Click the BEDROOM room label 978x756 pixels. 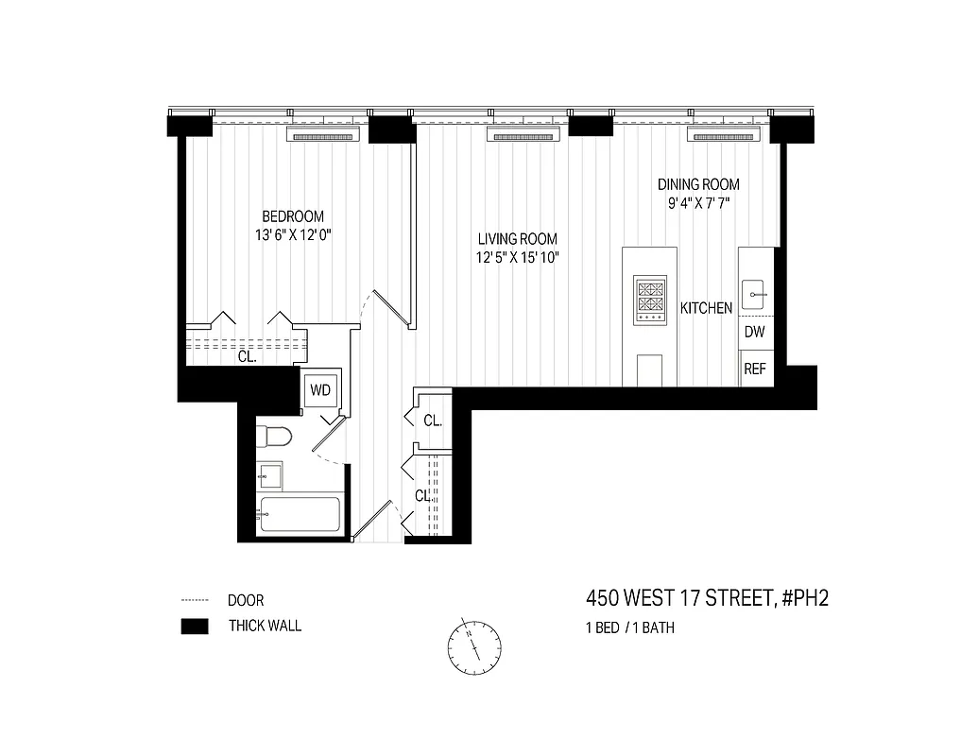point(293,216)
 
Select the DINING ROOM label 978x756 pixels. point(698,184)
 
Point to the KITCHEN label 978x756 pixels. point(707,308)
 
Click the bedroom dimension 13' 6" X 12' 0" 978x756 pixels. point(293,235)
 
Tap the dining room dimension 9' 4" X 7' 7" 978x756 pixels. point(698,203)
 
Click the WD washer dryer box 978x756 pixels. point(320,389)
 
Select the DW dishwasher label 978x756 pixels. point(754,332)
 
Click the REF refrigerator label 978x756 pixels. point(754,369)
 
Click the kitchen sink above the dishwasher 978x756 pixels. point(755,294)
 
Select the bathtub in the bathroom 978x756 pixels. point(299,516)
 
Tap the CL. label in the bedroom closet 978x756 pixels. point(247,357)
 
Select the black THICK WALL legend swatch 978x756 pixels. point(195,626)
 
